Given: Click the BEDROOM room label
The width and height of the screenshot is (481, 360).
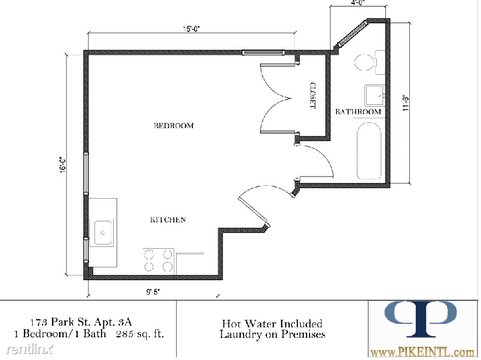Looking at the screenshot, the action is pos(174,126).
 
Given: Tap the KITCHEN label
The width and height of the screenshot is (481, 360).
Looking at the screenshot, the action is pos(168,220).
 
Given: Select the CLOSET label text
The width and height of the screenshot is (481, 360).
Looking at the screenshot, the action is pos(313,96).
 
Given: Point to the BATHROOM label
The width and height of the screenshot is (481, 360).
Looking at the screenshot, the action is pos(359,111).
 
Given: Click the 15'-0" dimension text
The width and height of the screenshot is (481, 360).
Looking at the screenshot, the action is pos(192,29).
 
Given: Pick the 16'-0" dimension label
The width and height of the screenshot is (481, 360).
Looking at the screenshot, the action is pos(63,165).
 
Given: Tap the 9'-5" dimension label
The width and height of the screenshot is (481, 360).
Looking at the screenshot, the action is pos(153,292).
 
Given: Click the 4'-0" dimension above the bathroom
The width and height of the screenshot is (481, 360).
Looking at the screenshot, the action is pos(359,3).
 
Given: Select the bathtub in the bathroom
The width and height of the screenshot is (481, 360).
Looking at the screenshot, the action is pos(369,151).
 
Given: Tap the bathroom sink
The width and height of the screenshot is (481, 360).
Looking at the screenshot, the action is pos(374,96).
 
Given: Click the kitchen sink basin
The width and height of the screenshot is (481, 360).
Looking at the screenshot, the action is pos(103,232).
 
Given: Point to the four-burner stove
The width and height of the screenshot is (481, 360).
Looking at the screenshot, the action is pos(159,260).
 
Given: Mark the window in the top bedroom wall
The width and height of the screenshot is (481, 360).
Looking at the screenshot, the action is pos(263,52).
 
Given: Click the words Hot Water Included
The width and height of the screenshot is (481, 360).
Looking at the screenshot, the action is pos(272,323).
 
